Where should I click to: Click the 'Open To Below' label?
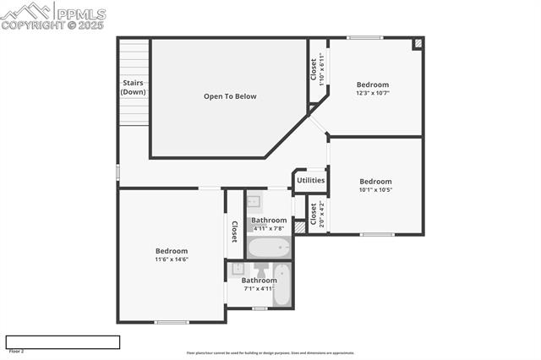[x=230, y=96]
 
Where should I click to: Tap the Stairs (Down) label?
[x=133, y=87]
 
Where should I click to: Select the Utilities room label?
[x=310, y=180]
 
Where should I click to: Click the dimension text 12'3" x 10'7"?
[x=372, y=93]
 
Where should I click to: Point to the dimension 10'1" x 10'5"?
[x=375, y=190]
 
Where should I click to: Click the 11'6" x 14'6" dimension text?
[x=171, y=259]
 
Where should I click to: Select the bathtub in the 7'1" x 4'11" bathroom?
[x=282, y=286]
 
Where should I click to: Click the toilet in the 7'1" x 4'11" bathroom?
[x=260, y=270]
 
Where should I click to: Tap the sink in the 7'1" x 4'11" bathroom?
[x=238, y=269]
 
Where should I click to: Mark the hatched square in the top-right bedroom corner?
[x=417, y=43]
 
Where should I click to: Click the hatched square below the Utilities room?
[x=299, y=226]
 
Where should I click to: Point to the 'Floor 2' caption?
[x=16, y=351]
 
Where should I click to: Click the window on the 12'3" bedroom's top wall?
[x=365, y=37]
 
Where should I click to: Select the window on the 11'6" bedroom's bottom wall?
[x=172, y=322]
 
